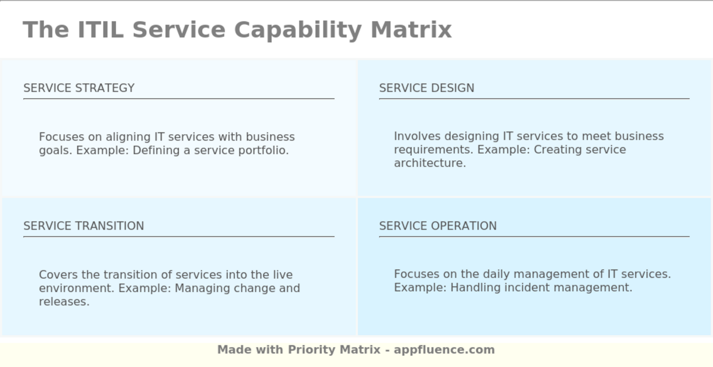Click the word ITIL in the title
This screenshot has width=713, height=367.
(x=100, y=30)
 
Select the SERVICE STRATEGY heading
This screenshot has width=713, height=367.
(x=79, y=88)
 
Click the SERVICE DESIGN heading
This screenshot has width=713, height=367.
(x=426, y=88)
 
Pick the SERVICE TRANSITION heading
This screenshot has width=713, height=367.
(x=84, y=226)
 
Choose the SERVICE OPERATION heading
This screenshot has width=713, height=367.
(x=437, y=226)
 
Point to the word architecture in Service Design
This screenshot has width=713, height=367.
(x=429, y=163)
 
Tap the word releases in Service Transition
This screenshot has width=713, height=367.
(x=64, y=302)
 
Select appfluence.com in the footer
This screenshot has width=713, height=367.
(x=444, y=350)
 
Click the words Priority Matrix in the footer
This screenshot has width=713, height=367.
(x=334, y=350)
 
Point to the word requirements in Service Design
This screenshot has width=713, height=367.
(x=433, y=150)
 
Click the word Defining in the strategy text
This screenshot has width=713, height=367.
(x=154, y=151)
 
